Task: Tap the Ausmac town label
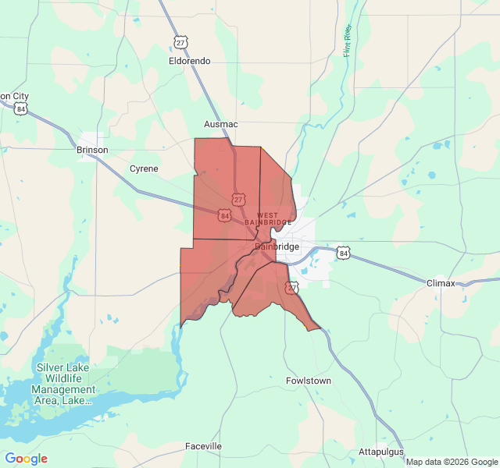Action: [x=220, y=124]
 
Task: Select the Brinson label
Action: [x=92, y=150]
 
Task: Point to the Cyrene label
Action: [x=144, y=168]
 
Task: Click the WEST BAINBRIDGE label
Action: [x=268, y=219]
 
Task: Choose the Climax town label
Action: [x=441, y=283]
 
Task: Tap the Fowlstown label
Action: [x=308, y=381]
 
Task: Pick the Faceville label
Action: [x=203, y=446]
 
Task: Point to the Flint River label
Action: [x=348, y=41]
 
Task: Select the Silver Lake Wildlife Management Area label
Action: [x=64, y=384]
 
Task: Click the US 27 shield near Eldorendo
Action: [x=180, y=42]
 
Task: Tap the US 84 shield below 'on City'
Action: [x=20, y=109]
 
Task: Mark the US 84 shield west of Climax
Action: [x=343, y=253]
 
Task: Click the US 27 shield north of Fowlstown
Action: [x=291, y=288]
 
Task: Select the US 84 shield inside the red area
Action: [x=225, y=214]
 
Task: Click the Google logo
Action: [x=26, y=459]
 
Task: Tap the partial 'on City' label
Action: [x=14, y=96]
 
